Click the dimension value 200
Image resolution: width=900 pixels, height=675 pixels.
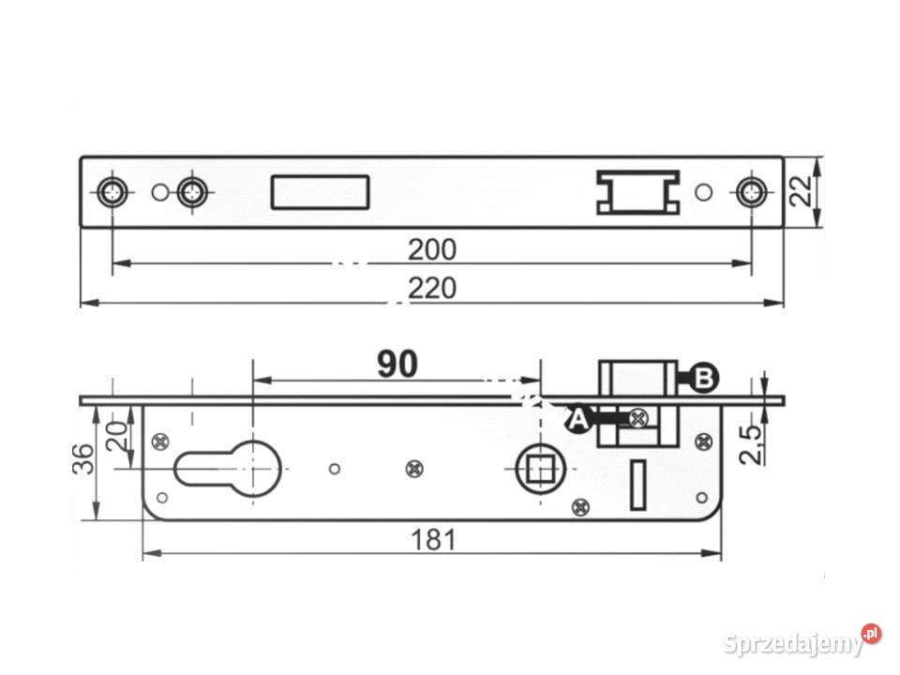(432, 249)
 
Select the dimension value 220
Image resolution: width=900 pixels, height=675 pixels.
(432, 288)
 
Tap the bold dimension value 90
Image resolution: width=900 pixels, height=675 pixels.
(397, 364)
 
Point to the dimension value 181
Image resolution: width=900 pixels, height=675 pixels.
(434, 540)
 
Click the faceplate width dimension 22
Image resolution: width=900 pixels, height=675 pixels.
(801, 190)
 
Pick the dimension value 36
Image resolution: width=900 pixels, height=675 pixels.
(83, 458)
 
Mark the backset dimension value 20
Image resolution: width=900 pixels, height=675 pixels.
(117, 436)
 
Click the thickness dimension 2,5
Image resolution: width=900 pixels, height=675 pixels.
(751, 444)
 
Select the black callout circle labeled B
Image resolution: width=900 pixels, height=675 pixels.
(704, 378)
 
